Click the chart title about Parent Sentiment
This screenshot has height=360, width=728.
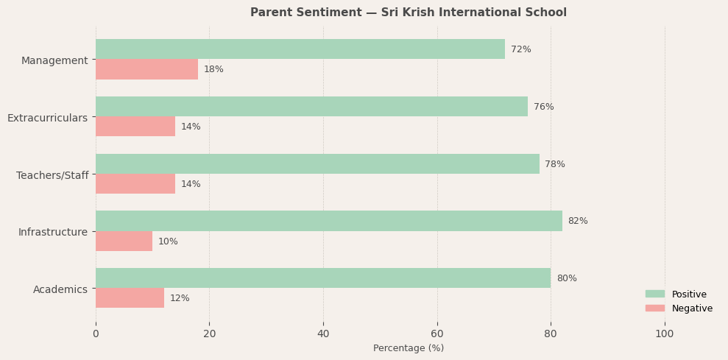tap(408, 13)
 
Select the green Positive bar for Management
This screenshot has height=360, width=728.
tap(300, 49)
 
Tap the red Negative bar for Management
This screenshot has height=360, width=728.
tap(146, 69)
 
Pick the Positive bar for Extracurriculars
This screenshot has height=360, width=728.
tap(311, 107)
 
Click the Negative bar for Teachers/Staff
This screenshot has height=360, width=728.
tap(135, 184)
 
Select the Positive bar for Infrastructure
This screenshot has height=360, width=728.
tap(328, 221)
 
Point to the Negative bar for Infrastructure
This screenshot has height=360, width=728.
tap(124, 241)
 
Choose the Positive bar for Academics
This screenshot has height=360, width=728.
tap(322, 278)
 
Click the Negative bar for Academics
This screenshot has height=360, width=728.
tap(130, 298)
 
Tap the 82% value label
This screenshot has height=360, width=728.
tap(578, 221)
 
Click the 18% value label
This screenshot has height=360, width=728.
tap(213, 69)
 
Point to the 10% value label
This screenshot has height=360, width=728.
tap(168, 241)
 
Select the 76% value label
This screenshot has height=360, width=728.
tap(543, 107)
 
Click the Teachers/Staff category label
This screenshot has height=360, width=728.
tap(52, 175)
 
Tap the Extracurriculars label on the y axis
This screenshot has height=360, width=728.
tap(47, 118)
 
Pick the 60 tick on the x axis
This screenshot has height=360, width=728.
tap(437, 333)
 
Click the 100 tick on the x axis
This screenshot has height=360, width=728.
tap(665, 333)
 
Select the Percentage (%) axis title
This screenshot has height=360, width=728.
tap(409, 348)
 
